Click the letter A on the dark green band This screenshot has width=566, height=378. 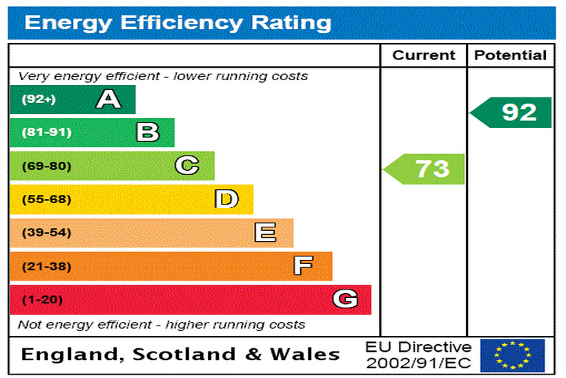click(108, 100)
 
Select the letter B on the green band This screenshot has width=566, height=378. click(148, 132)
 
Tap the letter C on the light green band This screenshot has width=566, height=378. click(187, 166)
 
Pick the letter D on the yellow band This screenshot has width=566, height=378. click(226, 200)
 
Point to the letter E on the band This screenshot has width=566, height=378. click(265, 233)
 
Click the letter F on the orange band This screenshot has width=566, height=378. click(303, 266)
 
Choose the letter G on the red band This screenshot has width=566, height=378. click(345, 299)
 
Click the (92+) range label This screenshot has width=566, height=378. click(39, 100)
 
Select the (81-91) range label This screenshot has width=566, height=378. click(46, 133)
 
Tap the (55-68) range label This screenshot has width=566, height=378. click(46, 200)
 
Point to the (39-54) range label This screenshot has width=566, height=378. click(46, 233)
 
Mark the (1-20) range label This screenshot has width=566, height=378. click(42, 300)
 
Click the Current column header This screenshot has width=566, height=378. click(424, 56)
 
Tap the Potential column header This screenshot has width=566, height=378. click(511, 56)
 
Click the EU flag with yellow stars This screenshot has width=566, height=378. click(512, 355)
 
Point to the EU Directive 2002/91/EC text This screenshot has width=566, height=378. click(418, 355)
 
